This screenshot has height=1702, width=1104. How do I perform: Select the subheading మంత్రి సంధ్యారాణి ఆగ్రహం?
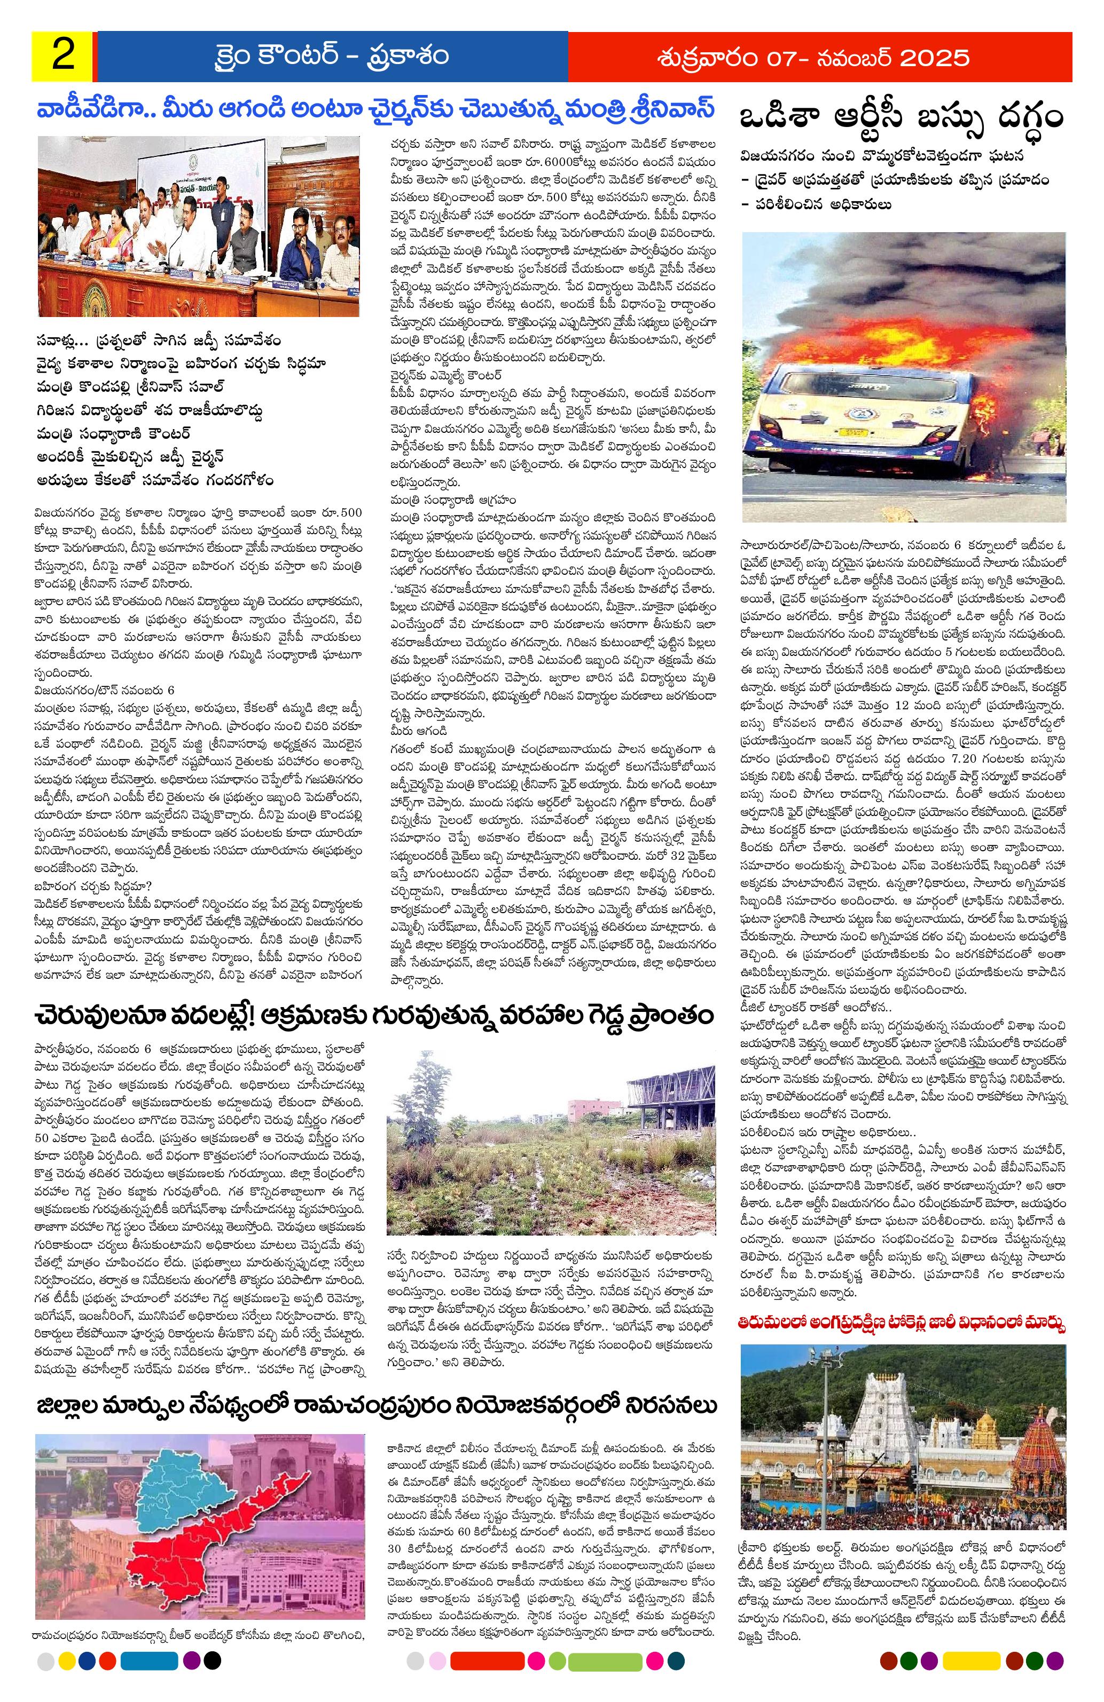click(x=453, y=498)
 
